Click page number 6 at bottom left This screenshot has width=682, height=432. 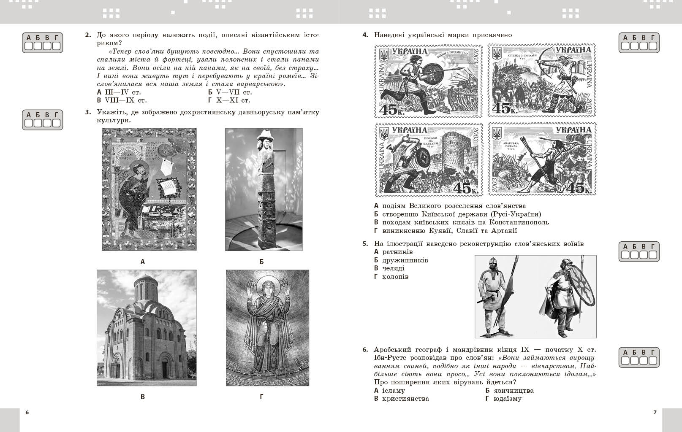point(27,412)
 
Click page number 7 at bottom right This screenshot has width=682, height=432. point(655,412)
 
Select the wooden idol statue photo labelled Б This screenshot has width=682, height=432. point(264,189)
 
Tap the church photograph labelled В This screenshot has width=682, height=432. point(147,328)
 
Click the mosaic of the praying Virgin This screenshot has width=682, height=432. point(267,328)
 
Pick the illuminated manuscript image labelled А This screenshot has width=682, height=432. point(149,189)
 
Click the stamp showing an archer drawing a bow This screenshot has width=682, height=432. point(542,81)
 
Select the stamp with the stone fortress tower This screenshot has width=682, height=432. point(428,159)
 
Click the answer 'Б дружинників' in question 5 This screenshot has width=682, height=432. point(401,260)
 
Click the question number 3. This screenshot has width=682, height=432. point(88,112)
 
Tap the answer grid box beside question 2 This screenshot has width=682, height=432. point(42,43)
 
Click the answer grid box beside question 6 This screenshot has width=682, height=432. point(639,357)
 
